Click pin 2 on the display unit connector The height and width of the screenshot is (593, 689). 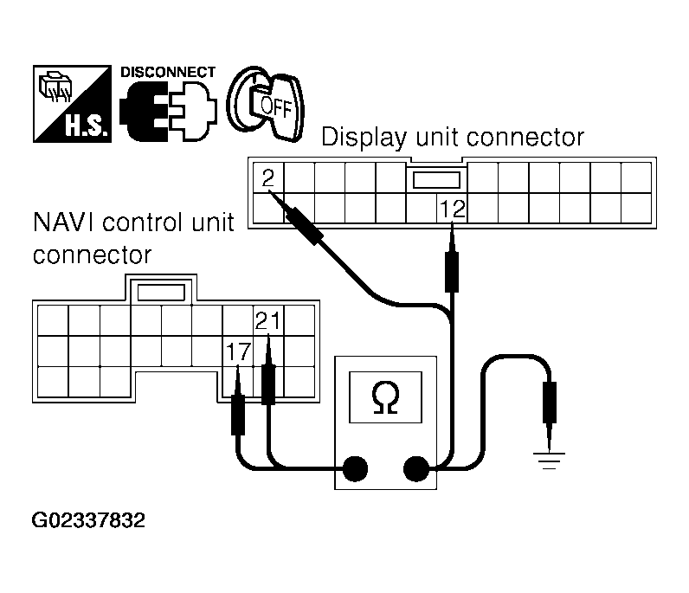pos(268,179)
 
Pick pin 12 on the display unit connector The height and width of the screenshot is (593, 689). pos(452,209)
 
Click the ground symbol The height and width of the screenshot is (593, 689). pos(548,460)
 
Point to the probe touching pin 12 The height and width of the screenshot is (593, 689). pos(452,264)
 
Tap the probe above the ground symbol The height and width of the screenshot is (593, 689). pos(548,401)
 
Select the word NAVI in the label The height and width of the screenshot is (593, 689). pos(63,223)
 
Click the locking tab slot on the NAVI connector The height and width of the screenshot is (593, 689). pos(162,292)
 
